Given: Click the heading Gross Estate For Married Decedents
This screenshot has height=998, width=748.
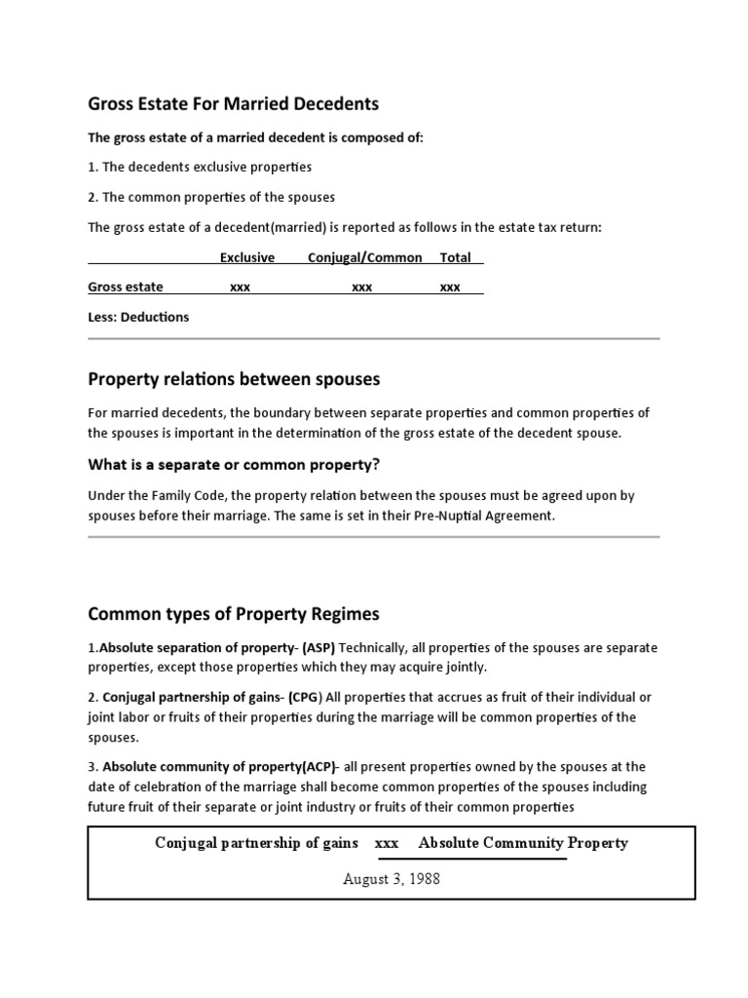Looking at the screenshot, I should pos(233,103).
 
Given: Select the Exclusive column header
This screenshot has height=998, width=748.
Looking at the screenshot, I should pos(246,257).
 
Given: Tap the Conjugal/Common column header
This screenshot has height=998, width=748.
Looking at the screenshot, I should pos(365,257).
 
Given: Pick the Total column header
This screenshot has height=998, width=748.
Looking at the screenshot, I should pos(455,257).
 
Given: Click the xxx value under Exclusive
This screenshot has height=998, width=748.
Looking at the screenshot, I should pos(240,288).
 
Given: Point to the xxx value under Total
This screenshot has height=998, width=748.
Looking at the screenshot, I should pos(450,288).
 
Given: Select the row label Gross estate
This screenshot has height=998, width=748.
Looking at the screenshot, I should pos(126,287).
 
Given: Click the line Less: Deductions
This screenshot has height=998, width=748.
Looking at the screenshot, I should pos(138,317).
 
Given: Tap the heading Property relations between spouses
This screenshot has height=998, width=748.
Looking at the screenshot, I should pos(234,378).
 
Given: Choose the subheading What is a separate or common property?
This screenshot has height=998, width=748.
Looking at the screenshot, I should pos(234,463).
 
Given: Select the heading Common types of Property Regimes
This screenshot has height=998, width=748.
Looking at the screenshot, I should pos(234,614).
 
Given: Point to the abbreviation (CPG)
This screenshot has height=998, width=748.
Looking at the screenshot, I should pos(306,697).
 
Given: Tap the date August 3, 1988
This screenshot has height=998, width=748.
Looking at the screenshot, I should pos(392,878).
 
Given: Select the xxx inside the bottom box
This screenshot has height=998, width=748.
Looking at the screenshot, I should pos(387,843).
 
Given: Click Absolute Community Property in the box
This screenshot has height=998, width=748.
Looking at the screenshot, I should pos(523,843).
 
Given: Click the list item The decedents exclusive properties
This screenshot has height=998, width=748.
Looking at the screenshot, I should pos(206,167).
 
